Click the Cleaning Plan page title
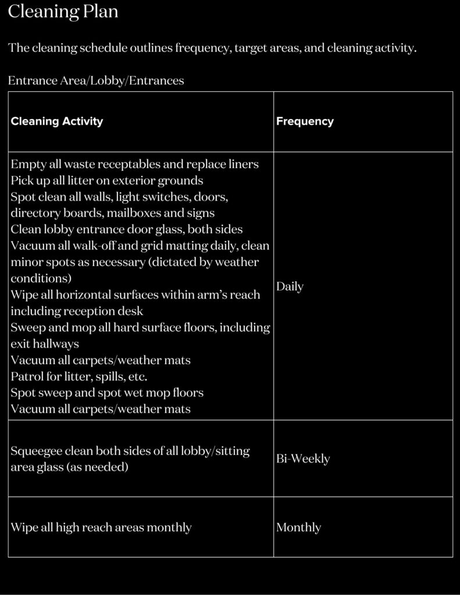click(63, 12)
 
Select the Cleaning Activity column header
click(56, 121)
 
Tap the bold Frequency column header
click(305, 121)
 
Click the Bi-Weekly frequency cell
click(303, 458)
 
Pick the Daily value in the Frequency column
click(290, 286)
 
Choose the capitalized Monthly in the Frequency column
click(298, 528)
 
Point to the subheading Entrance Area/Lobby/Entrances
click(96, 81)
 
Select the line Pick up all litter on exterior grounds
click(107, 180)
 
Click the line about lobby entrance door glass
click(127, 229)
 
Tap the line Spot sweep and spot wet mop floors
click(107, 393)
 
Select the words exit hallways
click(44, 344)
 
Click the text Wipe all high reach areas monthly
click(101, 528)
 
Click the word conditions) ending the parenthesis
click(41, 278)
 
